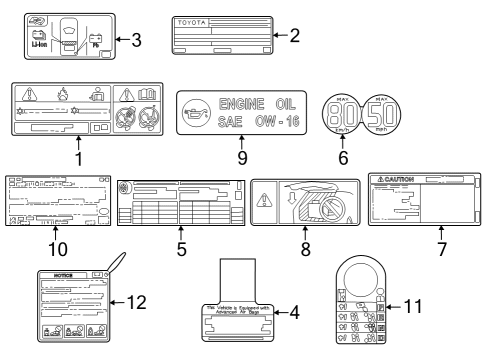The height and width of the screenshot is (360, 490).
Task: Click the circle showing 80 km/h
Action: (x=342, y=116)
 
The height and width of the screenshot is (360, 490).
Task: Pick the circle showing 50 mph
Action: (x=379, y=116)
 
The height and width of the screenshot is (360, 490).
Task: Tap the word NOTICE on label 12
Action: (x=61, y=273)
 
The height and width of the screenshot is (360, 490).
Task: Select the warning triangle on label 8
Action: (x=264, y=198)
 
